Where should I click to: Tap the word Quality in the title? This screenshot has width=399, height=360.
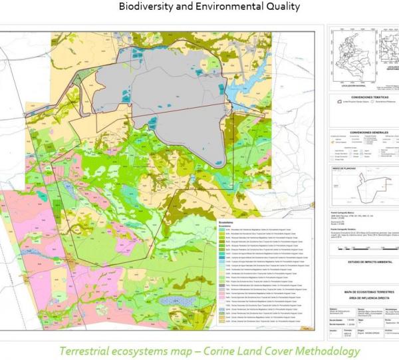[x=281, y=7]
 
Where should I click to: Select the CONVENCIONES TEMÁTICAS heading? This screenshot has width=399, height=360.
[x=363, y=96]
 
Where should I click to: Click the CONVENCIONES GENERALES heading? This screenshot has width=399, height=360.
[x=363, y=132]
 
